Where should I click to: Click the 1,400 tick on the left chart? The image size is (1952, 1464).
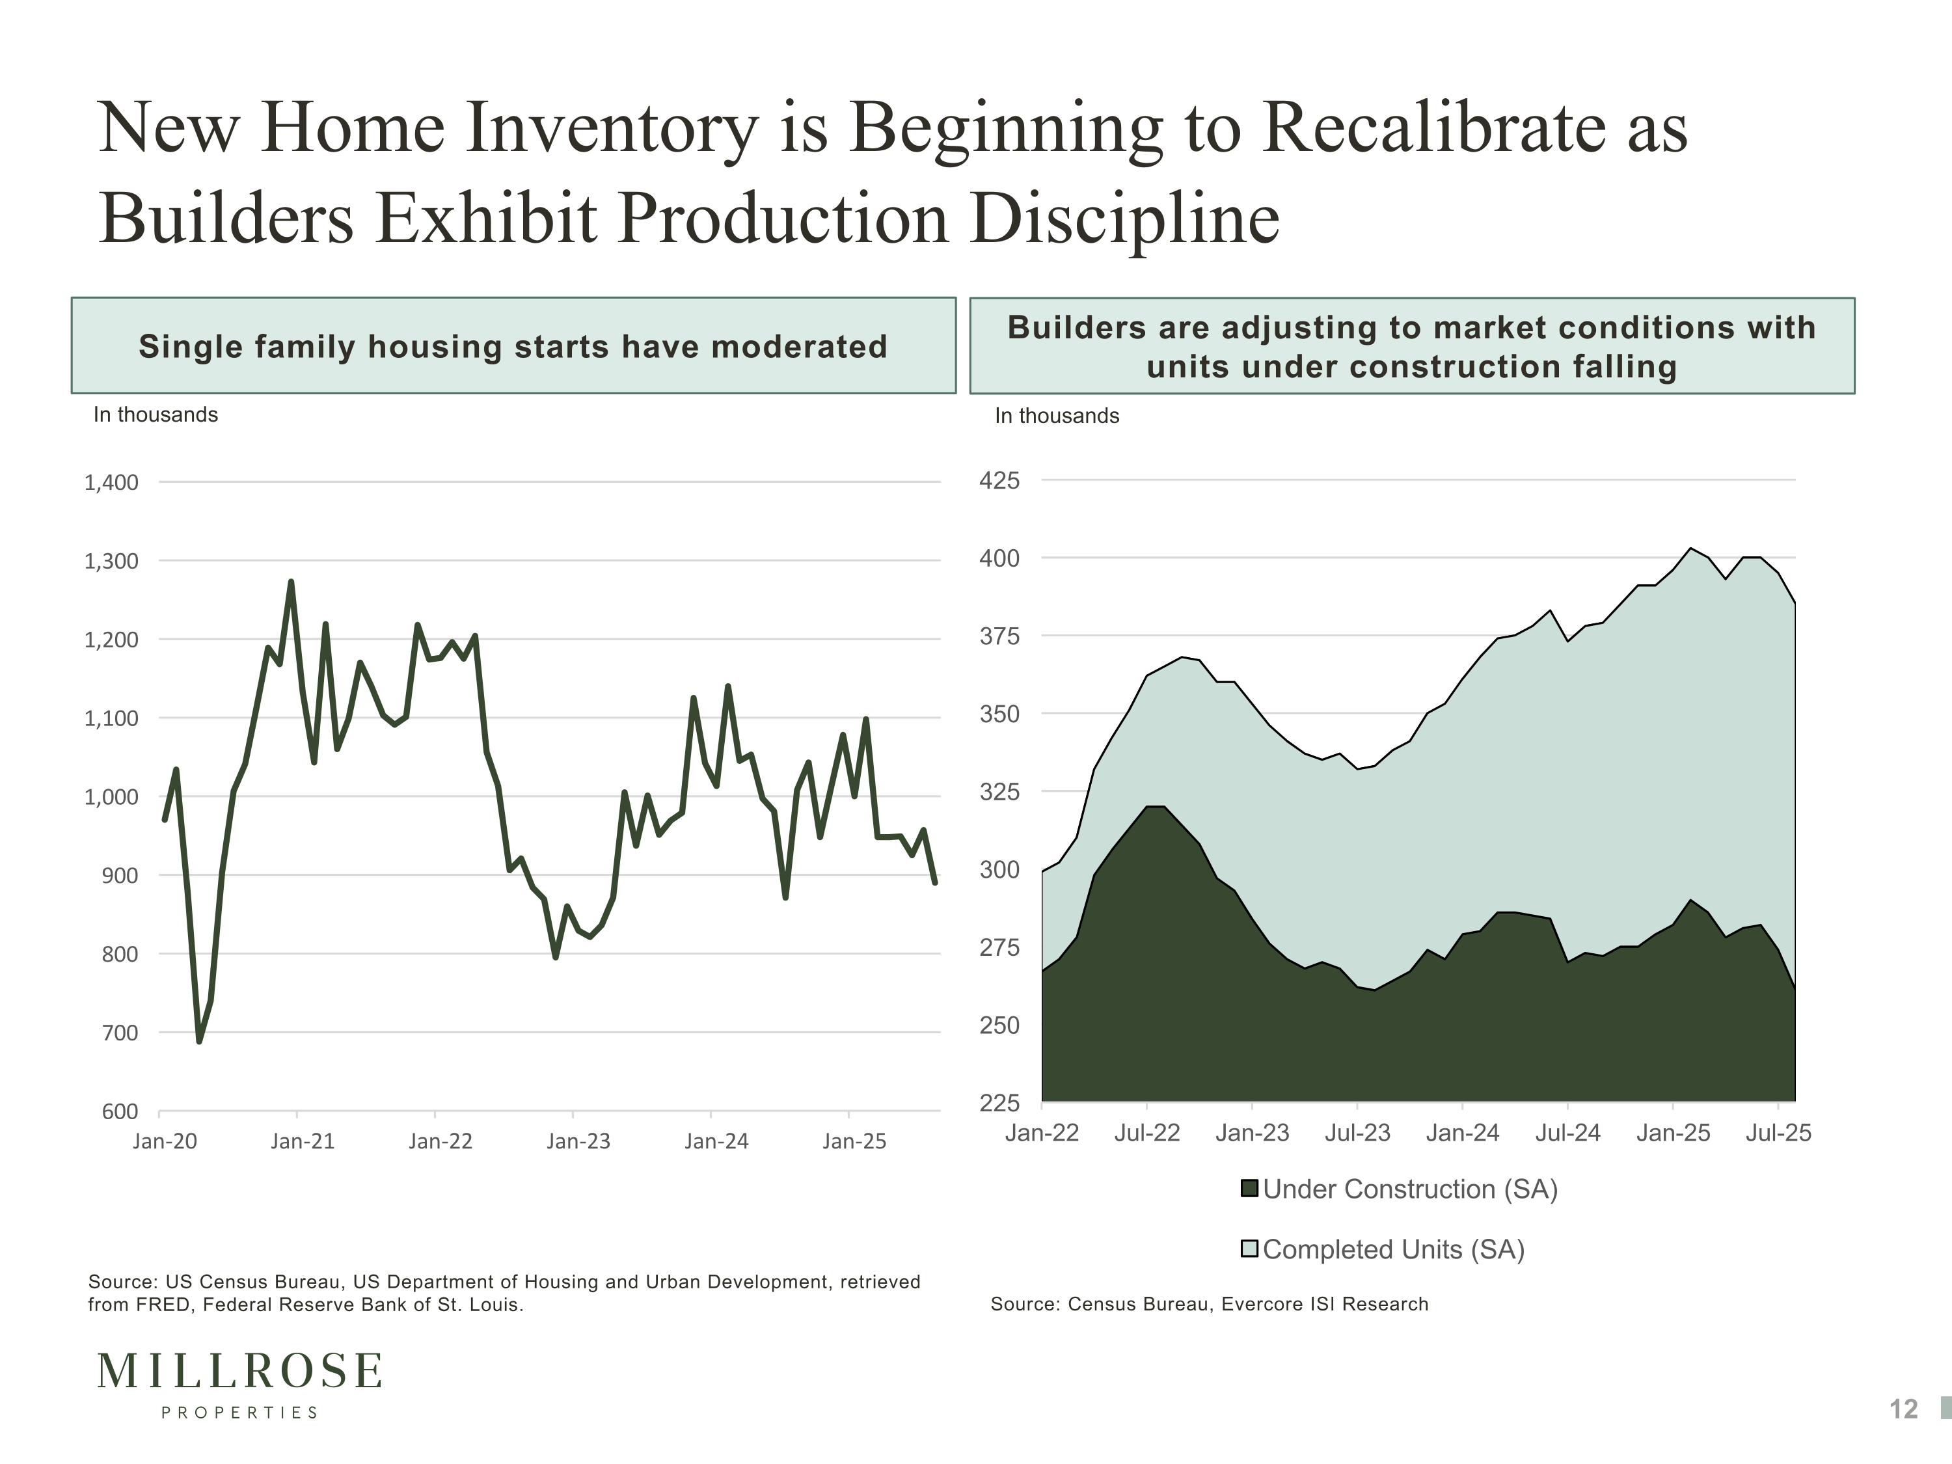click(x=111, y=483)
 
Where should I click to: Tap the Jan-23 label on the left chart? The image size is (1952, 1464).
click(x=578, y=1141)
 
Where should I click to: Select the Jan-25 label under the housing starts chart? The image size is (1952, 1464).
click(x=853, y=1141)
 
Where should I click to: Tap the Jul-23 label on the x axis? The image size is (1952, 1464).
click(x=1357, y=1133)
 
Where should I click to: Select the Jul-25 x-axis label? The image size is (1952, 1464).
click(x=1778, y=1133)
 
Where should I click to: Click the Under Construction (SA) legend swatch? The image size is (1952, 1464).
click(x=1249, y=1189)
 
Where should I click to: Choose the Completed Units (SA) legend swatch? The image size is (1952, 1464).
click(x=1249, y=1249)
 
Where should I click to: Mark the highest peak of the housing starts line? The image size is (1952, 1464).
click(x=291, y=582)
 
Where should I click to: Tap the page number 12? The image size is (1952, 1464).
click(x=1903, y=1409)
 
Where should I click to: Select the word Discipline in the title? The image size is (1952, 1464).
click(x=1125, y=219)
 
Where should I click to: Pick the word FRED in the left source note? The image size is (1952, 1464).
click(x=163, y=1305)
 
